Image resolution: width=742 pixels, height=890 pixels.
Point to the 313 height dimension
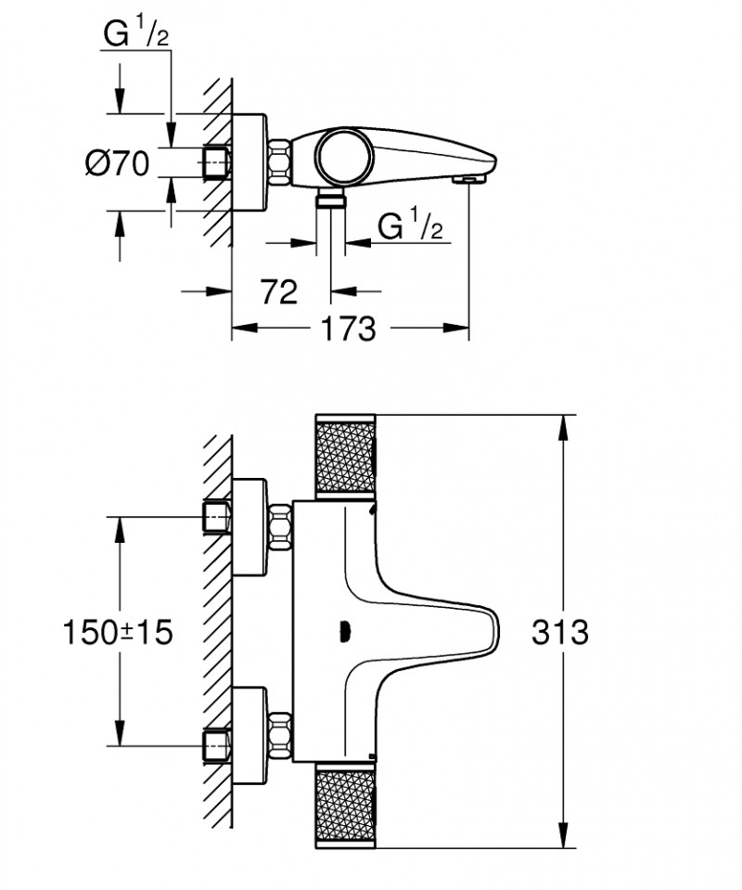pyautogui.click(x=560, y=632)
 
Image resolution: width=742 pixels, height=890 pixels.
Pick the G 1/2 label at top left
pyautogui.click(x=135, y=37)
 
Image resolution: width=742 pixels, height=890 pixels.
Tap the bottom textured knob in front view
pyautogui.click(x=347, y=805)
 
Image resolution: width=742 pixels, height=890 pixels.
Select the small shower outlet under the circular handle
pyautogui.click(x=329, y=200)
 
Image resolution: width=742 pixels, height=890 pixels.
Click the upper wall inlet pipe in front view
pyautogui.click(x=216, y=516)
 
